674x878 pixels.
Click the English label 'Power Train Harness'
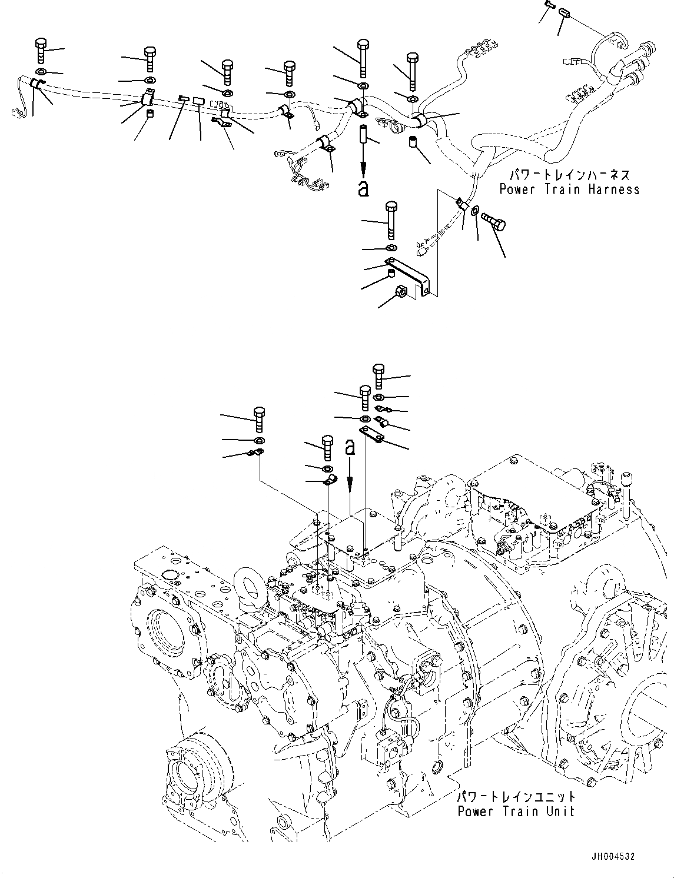pos(569,189)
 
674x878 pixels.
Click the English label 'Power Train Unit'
pos(516,812)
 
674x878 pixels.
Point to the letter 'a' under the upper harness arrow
pos(363,188)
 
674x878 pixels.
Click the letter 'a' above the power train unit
pos(350,447)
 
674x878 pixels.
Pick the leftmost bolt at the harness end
pos(41,49)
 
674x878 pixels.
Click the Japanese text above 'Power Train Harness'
pos(569,175)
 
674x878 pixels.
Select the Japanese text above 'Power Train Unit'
pos(516,797)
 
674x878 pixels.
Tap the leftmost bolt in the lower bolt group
pos(258,418)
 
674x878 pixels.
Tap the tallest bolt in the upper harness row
pos(363,56)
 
